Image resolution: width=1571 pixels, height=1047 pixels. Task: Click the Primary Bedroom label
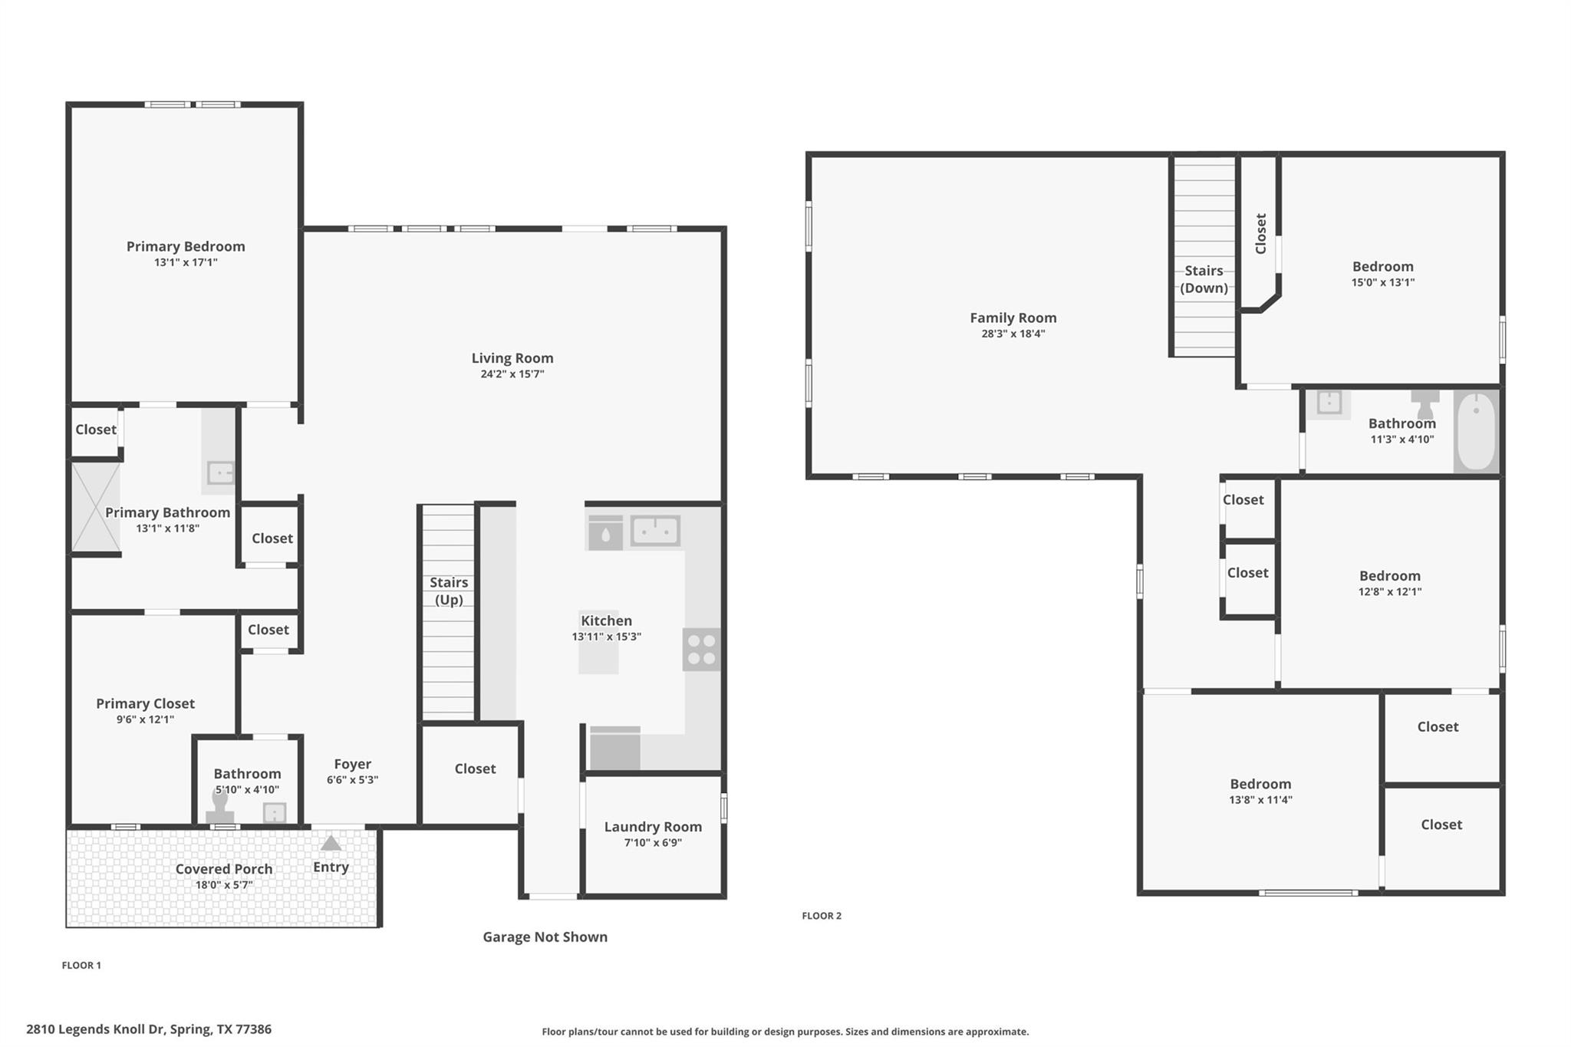pos(186,246)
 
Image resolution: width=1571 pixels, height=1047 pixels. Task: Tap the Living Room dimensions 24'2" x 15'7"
pos(512,374)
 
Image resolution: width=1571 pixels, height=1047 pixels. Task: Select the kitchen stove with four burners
pos(701,650)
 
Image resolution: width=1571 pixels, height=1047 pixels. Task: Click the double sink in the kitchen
pos(655,531)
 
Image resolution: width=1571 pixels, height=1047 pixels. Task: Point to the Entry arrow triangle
pos(331,844)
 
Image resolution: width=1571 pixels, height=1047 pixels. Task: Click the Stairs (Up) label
pos(449,591)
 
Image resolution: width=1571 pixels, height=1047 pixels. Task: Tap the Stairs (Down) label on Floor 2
pos(1204,279)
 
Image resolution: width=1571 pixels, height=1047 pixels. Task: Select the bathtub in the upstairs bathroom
pos(1476,431)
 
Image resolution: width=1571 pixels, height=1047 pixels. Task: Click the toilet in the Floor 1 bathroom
pos(220,808)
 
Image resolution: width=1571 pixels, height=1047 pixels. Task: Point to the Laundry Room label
pos(653,827)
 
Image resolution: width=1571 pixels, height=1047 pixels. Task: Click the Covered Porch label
pos(223,869)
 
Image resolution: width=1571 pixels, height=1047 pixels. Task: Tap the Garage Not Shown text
pos(545,937)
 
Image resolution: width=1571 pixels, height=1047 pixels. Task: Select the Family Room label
pos(1013,318)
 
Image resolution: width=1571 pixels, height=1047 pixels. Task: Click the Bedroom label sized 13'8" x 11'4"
pos(1260,784)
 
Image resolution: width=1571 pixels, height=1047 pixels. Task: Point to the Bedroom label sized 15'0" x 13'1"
pos(1382,267)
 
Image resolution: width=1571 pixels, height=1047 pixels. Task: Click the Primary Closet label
pos(145,703)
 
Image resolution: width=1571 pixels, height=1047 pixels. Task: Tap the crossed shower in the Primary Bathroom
pos(96,507)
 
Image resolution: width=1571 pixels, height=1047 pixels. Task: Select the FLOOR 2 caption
pos(822,916)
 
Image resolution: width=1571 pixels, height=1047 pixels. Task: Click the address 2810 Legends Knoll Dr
pos(149,1029)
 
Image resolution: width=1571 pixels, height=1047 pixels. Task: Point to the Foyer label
pos(352,764)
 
